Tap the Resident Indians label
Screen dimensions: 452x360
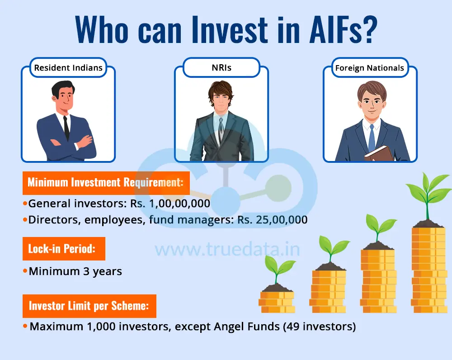coord(68,68)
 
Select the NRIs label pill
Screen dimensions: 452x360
coord(221,68)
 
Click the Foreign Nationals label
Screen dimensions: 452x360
coord(370,68)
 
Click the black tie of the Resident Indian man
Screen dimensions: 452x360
coord(66,128)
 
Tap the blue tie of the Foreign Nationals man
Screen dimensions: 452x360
coord(372,138)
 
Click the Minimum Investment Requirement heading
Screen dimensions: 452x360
coord(106,183)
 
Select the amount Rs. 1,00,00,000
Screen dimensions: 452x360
coord(170,204)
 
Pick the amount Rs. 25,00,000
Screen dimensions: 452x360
coord(273,220)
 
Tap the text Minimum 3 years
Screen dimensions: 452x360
coord(75,271)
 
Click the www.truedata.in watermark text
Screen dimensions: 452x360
coord(227,250)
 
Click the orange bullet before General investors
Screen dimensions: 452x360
coord(25,204)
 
